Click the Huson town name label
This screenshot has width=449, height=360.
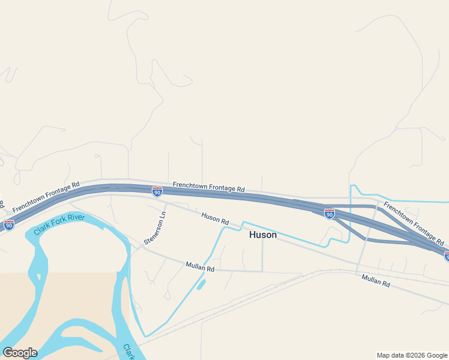[x=263, y=235]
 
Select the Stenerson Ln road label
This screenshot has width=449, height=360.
[x=155, y=227]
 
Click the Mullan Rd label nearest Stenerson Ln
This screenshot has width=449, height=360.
[x=200, y=266]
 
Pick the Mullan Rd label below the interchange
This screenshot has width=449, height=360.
[x=376, y=280]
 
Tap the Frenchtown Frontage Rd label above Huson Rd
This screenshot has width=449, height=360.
[x=209, y=187]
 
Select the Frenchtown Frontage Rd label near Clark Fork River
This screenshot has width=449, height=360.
[x=46, y=197]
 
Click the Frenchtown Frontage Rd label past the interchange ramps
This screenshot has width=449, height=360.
[x=414, y=224]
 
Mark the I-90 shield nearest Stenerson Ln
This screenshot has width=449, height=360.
[x=157, y=191]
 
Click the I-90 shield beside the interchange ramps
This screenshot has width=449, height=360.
[x=330, y=213]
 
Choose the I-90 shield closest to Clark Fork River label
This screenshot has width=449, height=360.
[x=9, y=225]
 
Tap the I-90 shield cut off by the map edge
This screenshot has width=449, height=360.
[x=447, y=256]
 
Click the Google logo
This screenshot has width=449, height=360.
[x=20, y=352]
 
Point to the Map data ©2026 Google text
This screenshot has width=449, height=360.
[x=411, y=355]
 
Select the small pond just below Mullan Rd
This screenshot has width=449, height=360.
[x=200, y=284]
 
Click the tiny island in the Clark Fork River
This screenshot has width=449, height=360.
[x=38, y=277]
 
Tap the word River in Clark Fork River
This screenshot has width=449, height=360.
[x=76, y=218]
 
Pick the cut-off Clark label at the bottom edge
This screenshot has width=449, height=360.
[x=128, y=353]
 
